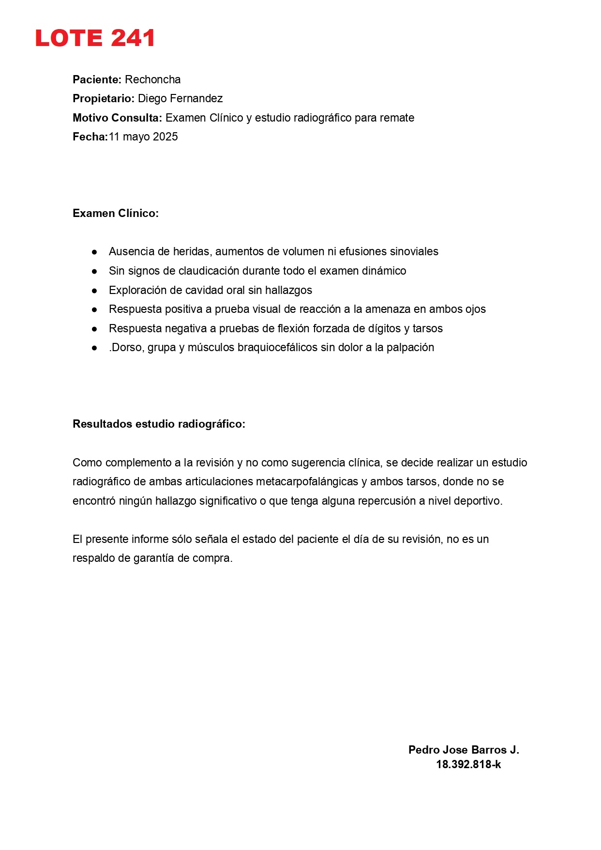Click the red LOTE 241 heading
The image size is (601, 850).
[95, 38]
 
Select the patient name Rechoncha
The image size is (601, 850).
[152, 79]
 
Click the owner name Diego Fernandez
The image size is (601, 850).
[180, 98]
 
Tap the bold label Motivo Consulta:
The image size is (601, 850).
[117, 118]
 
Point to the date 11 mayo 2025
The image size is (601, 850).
[143, 137]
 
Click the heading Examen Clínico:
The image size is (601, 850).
[116, 213]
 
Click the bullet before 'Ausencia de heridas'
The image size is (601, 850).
[94, 252]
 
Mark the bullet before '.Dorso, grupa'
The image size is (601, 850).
[94, 348]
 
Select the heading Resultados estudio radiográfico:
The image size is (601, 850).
[159, 424]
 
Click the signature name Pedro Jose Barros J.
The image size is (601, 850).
[464, 750]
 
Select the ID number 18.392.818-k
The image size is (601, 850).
[468, 764]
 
